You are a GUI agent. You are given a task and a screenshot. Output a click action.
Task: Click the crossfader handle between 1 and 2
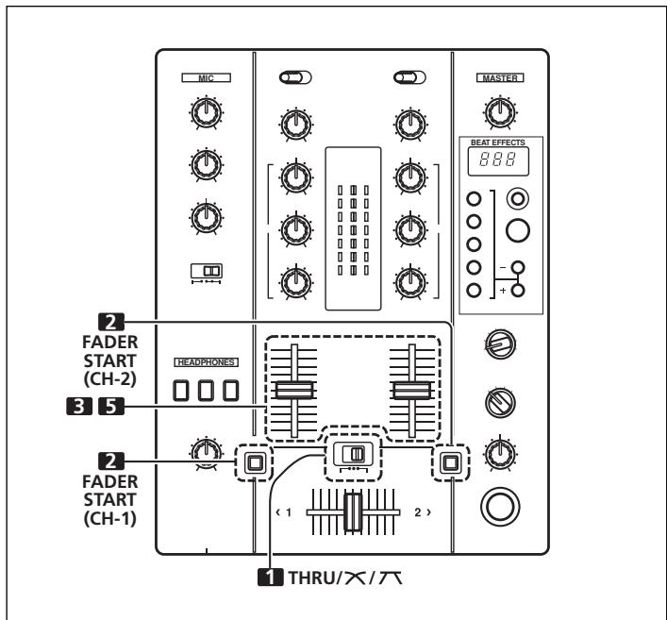(x=353, y=511)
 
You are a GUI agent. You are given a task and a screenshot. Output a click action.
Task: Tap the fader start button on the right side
(x=450, y=462)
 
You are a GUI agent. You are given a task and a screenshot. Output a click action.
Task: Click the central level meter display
(x=353, y=227)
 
